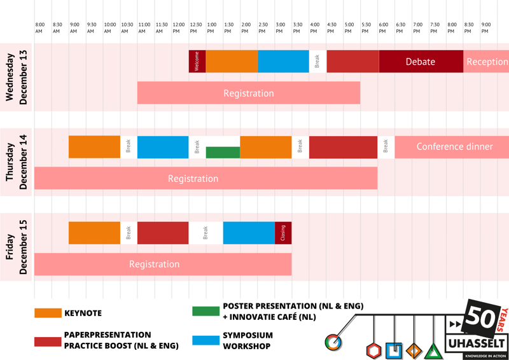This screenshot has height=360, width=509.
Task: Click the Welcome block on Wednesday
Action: click(x=197, y=62)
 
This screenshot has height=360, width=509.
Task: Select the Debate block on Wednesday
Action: click(x=421, y=62)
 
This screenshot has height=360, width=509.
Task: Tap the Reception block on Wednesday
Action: click(x=487, y=62)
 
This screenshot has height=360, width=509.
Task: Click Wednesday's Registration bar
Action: click(x=249, y=93)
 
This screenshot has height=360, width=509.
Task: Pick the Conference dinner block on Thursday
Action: click(x=454, y=147)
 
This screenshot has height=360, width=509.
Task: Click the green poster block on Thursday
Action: click(x=223, y=153)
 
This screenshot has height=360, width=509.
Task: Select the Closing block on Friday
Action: click(x=283, y=233)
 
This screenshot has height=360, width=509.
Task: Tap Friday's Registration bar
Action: click(x=155, y=264)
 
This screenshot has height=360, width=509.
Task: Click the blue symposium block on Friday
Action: click(x=249, y=233)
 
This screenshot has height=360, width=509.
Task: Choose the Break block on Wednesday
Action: click(x=317, y=62)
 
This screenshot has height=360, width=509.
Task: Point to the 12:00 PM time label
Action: click(x=179, y=28)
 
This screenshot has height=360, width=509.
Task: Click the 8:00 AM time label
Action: click(x=40, y=28)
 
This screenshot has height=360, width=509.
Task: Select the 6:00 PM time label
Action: click(x=383, y=28)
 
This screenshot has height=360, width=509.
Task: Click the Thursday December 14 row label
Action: click(x=17, y=162)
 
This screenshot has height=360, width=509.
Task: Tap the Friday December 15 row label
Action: click(x=17, y=247)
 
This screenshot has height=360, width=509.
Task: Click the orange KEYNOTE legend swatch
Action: click(x=48, y=313)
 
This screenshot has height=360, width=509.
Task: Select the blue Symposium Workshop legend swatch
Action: click(x=206, y=341)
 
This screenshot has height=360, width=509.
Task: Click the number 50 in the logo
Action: click(x=482, y=317)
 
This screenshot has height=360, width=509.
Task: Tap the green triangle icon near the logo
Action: click(x=433, y=351)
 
